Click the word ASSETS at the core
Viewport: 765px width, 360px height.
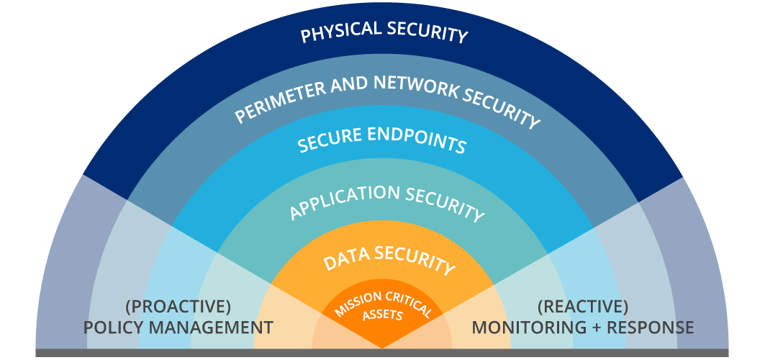coord(382,314)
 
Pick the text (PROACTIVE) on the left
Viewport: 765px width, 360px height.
coord(178,307)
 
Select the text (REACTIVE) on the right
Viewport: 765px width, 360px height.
coord(583,307)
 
